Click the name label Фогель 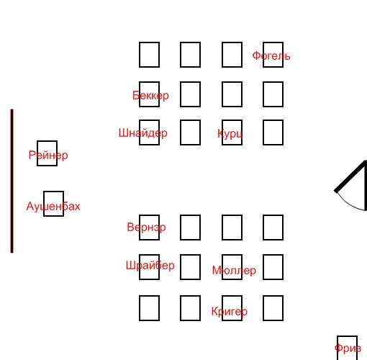point(271,56)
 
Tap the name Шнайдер point(143,133)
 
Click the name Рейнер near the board point(48,155)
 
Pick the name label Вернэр point(146,228)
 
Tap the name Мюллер point(234,271)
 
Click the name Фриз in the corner point(348,348)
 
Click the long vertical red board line point(12,181)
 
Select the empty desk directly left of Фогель point(232,55)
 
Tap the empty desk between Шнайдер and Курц point(190,132)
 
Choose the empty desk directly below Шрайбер point(149,308)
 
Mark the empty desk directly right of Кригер point(273,308)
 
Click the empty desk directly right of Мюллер point(273,267)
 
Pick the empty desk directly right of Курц point(273,132)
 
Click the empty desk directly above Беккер point(149,55)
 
